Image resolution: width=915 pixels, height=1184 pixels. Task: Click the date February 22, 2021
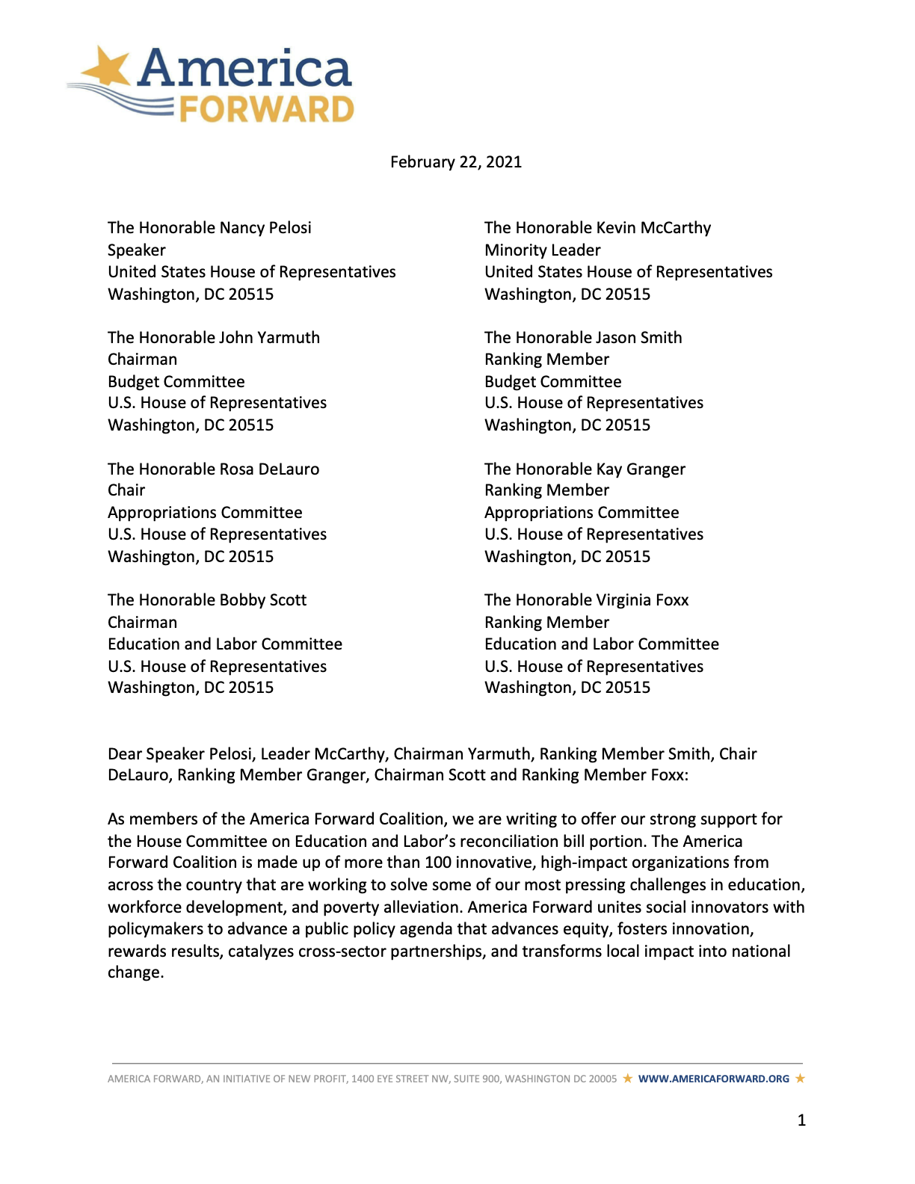(456, 162)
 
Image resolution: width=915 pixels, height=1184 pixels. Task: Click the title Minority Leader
(542, 250)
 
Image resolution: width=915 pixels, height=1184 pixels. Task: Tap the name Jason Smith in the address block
(643, 338)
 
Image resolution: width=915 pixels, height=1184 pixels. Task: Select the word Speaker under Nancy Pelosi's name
(136, 250)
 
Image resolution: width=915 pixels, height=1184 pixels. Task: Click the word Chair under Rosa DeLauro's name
(126, 490)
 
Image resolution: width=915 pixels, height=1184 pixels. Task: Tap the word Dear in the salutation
(125, 754)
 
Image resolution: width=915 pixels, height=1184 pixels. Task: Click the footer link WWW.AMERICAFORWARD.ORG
(713, 1079)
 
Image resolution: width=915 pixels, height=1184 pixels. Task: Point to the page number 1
(801, 1120)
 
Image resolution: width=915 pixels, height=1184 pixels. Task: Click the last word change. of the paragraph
(135, 973)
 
